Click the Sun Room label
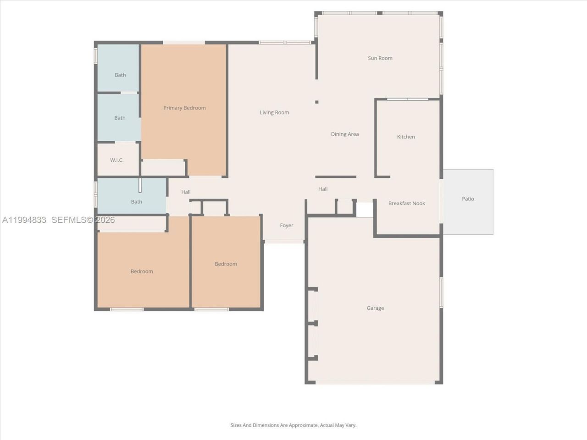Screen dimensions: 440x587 tap(380, 58)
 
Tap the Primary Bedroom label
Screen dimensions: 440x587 tap(184, 108)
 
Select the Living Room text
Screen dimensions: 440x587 tap(274, 113)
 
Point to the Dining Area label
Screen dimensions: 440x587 tap(345, 134)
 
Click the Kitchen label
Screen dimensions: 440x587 tap(406, 137)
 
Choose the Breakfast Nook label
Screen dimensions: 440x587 tap(406, 203)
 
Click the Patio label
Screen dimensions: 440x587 tap(468, 199)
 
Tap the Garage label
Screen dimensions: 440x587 tap(375, 308)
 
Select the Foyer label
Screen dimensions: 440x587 tap(287, 225)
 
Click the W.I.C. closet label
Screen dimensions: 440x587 tap(117, 160)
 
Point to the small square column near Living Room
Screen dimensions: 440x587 tap(316, 102)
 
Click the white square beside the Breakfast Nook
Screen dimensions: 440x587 tap(365, 209)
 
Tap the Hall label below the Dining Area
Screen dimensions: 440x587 tap(323, 189)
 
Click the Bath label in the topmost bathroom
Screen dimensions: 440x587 tap(120, 75)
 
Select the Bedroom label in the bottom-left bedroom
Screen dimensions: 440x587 tap(142, 272)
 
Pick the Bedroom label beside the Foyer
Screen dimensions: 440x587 tap(226, 264)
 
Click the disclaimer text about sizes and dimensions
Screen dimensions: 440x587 tap(293, 425)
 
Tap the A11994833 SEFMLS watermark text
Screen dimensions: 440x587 tap(58, 220)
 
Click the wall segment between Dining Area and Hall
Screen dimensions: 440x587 tap(336, 176)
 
